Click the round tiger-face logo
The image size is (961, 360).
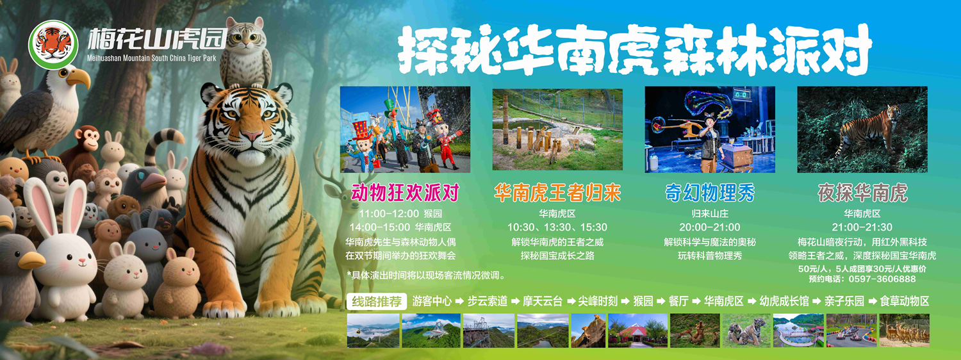(x=53, y=44)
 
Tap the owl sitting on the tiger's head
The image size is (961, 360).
(x=246, y=52)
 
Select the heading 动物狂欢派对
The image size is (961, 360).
(x=405, y=193)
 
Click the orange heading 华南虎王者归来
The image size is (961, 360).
(x=557, y=193)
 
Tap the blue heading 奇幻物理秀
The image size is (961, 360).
(x=710, y=193)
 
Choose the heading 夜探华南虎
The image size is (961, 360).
(x=862, y=193)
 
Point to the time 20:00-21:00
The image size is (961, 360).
(x=710, y=227)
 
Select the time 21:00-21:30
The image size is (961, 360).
(x=862, y=227)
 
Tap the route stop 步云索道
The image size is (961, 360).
(x=487, y=301)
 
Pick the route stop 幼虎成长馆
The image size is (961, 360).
(x=784, y=301)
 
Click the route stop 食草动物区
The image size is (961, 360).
(x=904, y=301)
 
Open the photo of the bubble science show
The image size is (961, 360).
(x=710, y=129)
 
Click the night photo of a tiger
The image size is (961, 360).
(x=862, y=129)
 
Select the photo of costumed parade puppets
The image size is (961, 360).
(x=405, y=129)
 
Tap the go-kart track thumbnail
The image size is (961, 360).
(x=851, y=331)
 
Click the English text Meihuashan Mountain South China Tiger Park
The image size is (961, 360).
(x=151, y=59)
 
